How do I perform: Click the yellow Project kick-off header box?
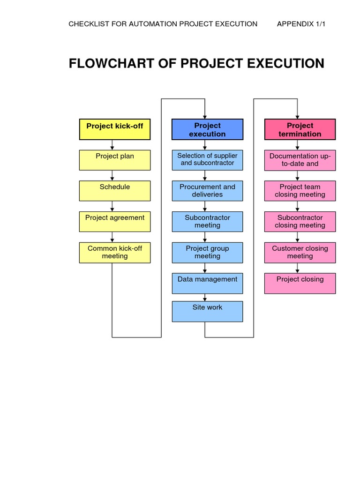[115, 129]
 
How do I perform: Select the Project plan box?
[115, 160]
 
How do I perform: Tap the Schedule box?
[115, 191]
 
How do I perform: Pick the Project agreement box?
[115, 221]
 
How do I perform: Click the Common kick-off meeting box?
[115, 252]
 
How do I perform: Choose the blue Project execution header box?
[207, 129]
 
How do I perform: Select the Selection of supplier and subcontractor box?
[207, 160]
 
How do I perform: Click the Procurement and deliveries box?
[207, 191]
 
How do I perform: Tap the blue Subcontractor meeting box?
[207, 221]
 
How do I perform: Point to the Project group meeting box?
[207, 252]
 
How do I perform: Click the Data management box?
[207, 283]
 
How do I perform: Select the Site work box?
[207, 311]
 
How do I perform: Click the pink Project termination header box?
[300, 129]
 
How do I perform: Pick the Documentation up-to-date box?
[300, 160]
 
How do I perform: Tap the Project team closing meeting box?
[300, 191]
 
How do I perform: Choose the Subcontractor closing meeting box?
[300, 221]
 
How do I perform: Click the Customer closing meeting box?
[300, 252]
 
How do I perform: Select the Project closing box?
[300, 283]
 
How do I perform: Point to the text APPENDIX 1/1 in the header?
[301, 24]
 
